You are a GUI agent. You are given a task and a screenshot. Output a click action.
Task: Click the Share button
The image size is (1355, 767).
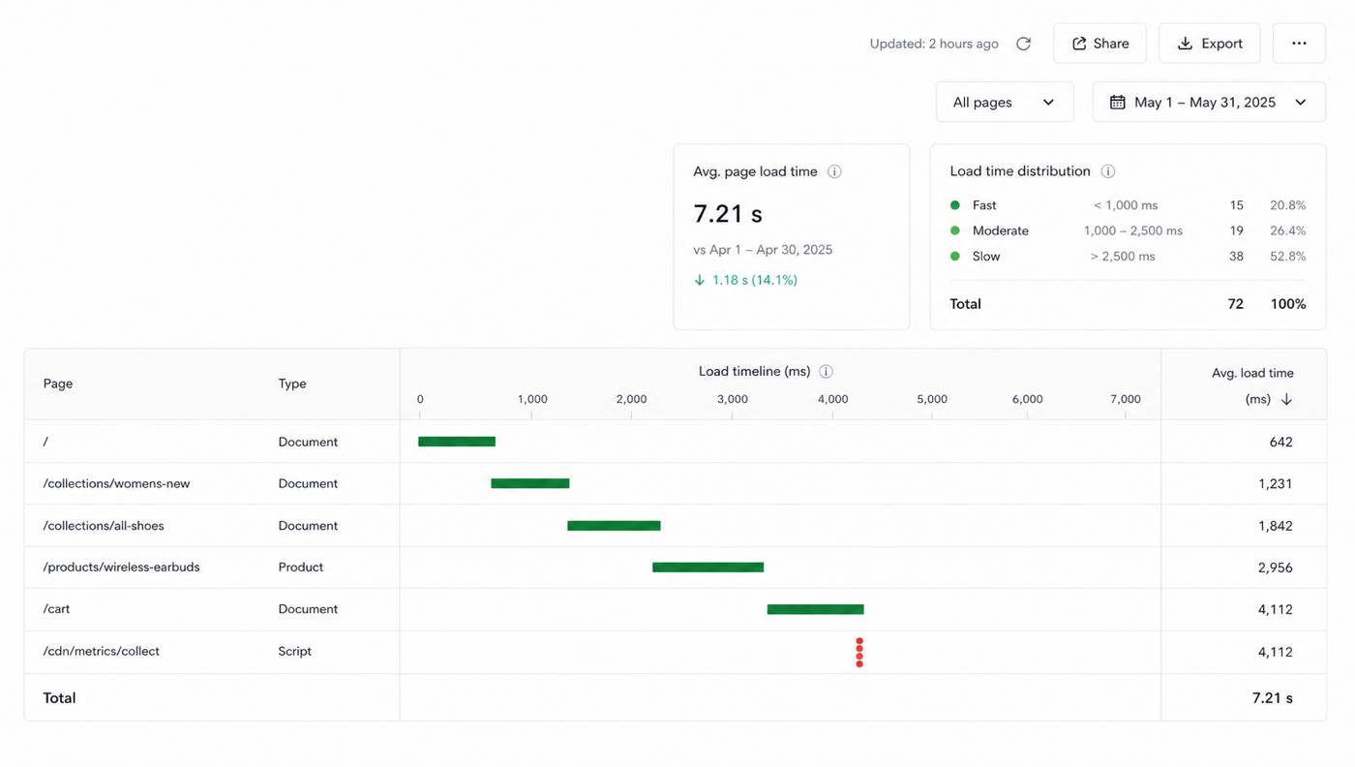(x=1099, y=43)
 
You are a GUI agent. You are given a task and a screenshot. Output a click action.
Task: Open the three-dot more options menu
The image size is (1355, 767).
(x=1299, y=43)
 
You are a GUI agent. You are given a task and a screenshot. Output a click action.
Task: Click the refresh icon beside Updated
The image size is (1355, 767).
(x=1024, y=44)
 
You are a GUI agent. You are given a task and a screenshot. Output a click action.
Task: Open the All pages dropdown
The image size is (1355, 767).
(x=1005, y=102)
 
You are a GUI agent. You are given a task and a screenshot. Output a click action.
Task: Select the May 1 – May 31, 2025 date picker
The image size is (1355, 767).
(x=1209, y=102)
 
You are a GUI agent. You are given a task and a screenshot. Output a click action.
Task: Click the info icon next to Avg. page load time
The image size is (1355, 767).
(x=834, y=171)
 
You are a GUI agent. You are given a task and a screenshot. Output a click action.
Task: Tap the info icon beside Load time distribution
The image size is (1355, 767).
(x=1107, y=171)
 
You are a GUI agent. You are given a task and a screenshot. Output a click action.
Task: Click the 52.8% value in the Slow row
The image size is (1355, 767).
(x=1288, y=256)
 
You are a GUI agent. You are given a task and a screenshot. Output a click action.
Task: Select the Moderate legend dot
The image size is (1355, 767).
(x=955, y=230)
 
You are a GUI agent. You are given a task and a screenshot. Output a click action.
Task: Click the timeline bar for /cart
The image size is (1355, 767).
(x=815, y=609)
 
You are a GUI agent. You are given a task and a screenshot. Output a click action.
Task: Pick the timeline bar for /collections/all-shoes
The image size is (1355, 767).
(x=614, y=526)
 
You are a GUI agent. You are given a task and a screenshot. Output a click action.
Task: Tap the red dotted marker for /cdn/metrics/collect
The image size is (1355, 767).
(x=859, y=653)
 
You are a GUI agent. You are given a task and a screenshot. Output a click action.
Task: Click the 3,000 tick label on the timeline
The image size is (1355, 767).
(x=733, y=399)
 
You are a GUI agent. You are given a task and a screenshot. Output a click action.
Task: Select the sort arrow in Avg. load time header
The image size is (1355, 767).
(x=1286, y=399)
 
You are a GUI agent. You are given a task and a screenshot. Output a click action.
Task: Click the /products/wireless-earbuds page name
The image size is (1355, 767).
(x=121, y=567)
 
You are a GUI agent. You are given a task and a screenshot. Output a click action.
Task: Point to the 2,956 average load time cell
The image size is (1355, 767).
(x=1276, y=568)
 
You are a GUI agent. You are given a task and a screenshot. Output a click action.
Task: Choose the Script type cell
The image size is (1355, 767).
(x=294, y=651)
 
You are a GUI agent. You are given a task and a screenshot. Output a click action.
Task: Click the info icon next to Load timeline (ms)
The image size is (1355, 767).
(x=826, y=372)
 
